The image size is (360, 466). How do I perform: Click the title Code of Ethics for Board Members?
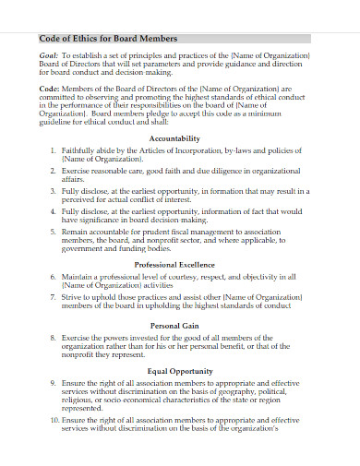pyautogui.click(x=109, y=39)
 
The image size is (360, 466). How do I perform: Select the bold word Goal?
pyautogui.click(x=50, y=55)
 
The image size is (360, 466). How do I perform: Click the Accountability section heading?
pyautogui.click(x=175, y=137)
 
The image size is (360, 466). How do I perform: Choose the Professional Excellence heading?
pyautogui.click(x=175, y=264)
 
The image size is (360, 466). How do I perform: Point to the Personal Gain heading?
pyautogui.click(x=175, y=327)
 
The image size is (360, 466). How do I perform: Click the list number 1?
pyautogui.click(x=53, y=149)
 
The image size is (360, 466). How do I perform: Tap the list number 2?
pyautogui.click(x=53, y=172)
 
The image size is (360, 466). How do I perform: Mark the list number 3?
pyautogui.click(x=53, y=188)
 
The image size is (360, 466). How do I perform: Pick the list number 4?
pyautogui.click(x=53, y=211)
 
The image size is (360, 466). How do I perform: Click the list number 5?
pyautogui.click(x=53, y=233)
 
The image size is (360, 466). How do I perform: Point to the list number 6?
pyautogui.click(x=53, y=276)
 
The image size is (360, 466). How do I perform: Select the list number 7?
pyautogui.click(x=53, y=298)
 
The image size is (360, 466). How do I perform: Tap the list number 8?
pyautogui.click(x=53, y=339)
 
